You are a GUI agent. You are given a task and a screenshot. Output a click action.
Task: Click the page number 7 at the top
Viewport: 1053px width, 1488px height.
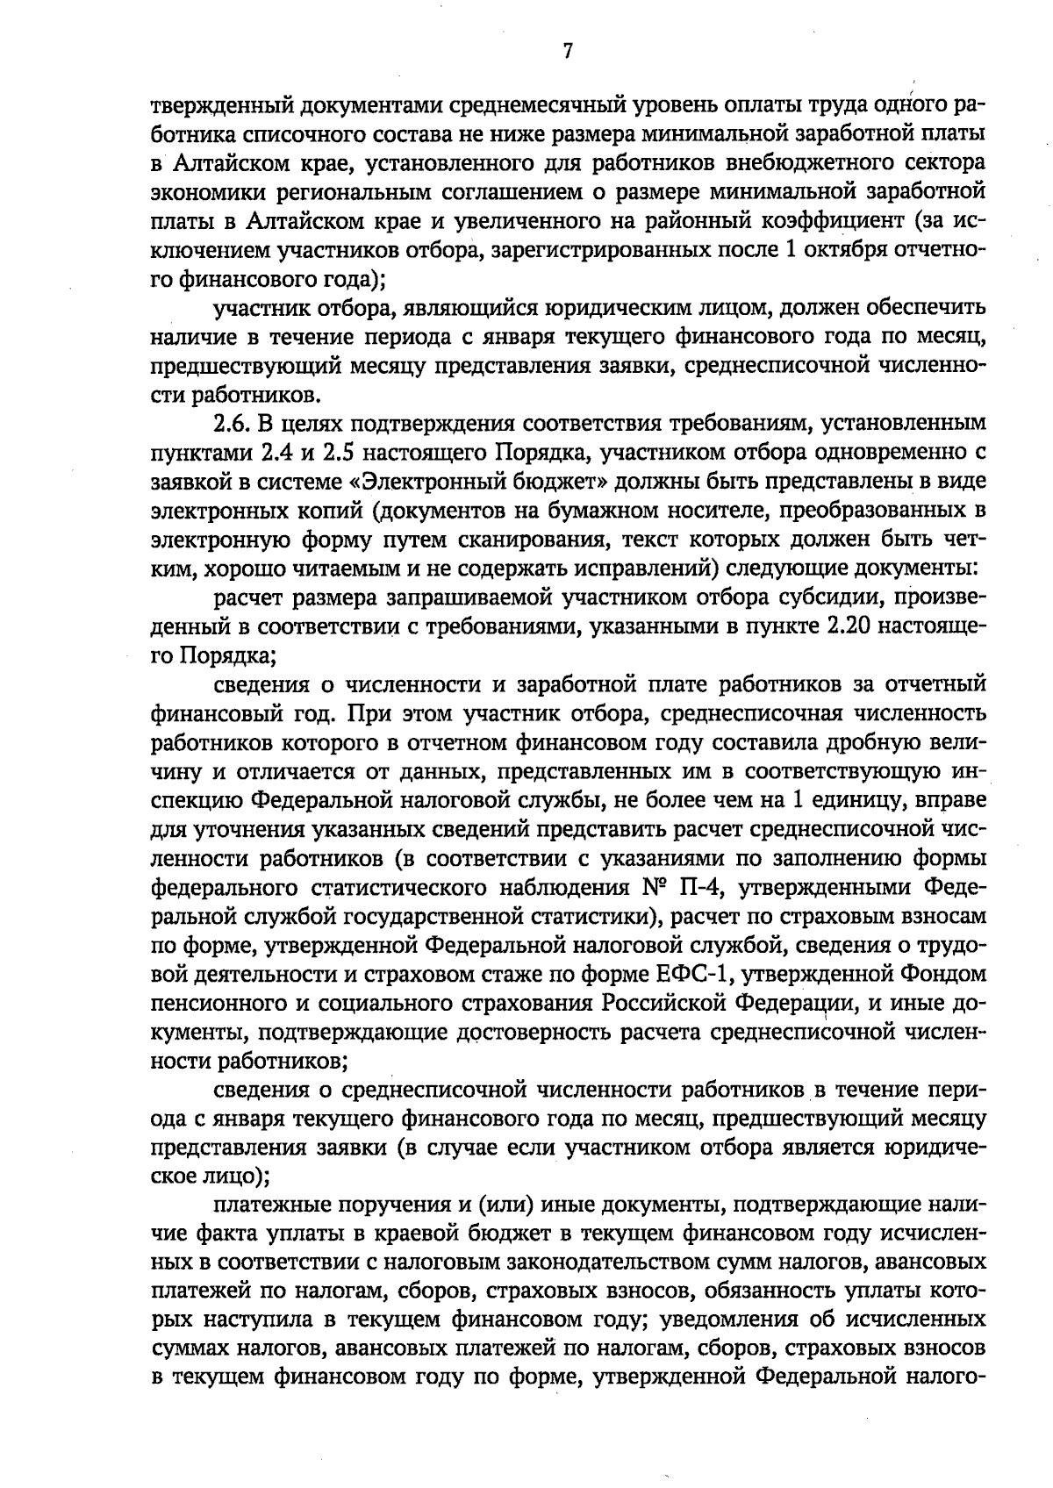[x=567, y=52]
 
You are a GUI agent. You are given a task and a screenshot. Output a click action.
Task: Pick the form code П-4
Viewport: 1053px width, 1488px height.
[x=701, y=887]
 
